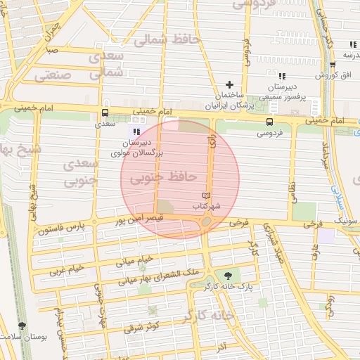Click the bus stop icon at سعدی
point(105,112)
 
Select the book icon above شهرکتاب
point(206,195)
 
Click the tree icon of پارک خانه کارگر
point(226,276)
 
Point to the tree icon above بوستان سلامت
point(23,326)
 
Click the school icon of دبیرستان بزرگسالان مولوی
point(136,131)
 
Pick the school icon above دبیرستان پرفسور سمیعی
point(282,76)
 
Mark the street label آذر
point(221,347)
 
